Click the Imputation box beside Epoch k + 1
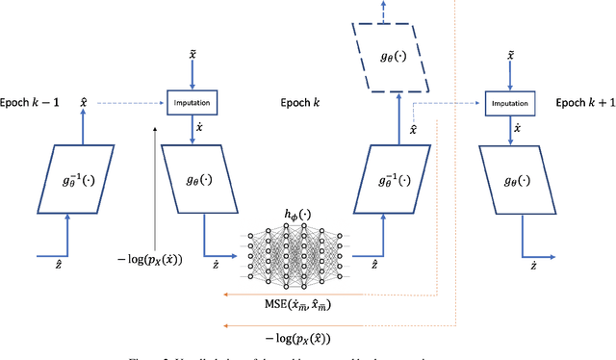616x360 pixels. tap(506, 100)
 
